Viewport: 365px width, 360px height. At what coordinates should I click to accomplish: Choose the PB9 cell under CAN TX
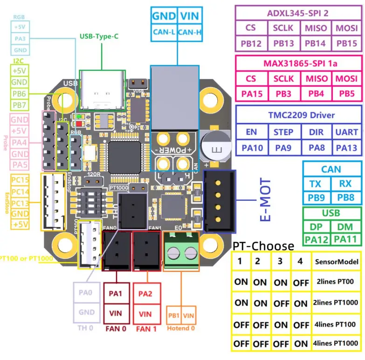[x=316, y=197]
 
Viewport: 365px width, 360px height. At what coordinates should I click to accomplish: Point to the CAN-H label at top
[x=189, y=32]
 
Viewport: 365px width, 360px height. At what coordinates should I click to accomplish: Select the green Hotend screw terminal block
[x=181, y=252]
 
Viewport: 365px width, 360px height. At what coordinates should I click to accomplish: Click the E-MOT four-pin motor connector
[x=219, y=200]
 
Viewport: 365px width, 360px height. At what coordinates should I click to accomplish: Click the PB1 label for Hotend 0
[x=174, y=315]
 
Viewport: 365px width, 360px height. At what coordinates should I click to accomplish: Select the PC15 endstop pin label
[x=20, y=180]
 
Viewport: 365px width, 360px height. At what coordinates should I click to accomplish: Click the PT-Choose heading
[x=263, y=245]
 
